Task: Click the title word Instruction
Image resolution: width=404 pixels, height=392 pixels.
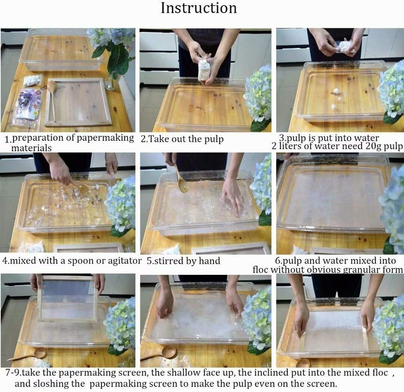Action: coord(199,8)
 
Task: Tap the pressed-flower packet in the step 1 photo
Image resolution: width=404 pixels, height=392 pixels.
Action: coord(27,105)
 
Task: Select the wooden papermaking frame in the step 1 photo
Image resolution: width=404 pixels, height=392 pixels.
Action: coord(78,102)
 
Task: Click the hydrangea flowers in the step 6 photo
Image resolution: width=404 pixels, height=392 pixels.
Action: coord(393,206)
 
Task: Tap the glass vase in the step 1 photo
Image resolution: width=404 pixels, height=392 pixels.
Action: coord(112,82)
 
